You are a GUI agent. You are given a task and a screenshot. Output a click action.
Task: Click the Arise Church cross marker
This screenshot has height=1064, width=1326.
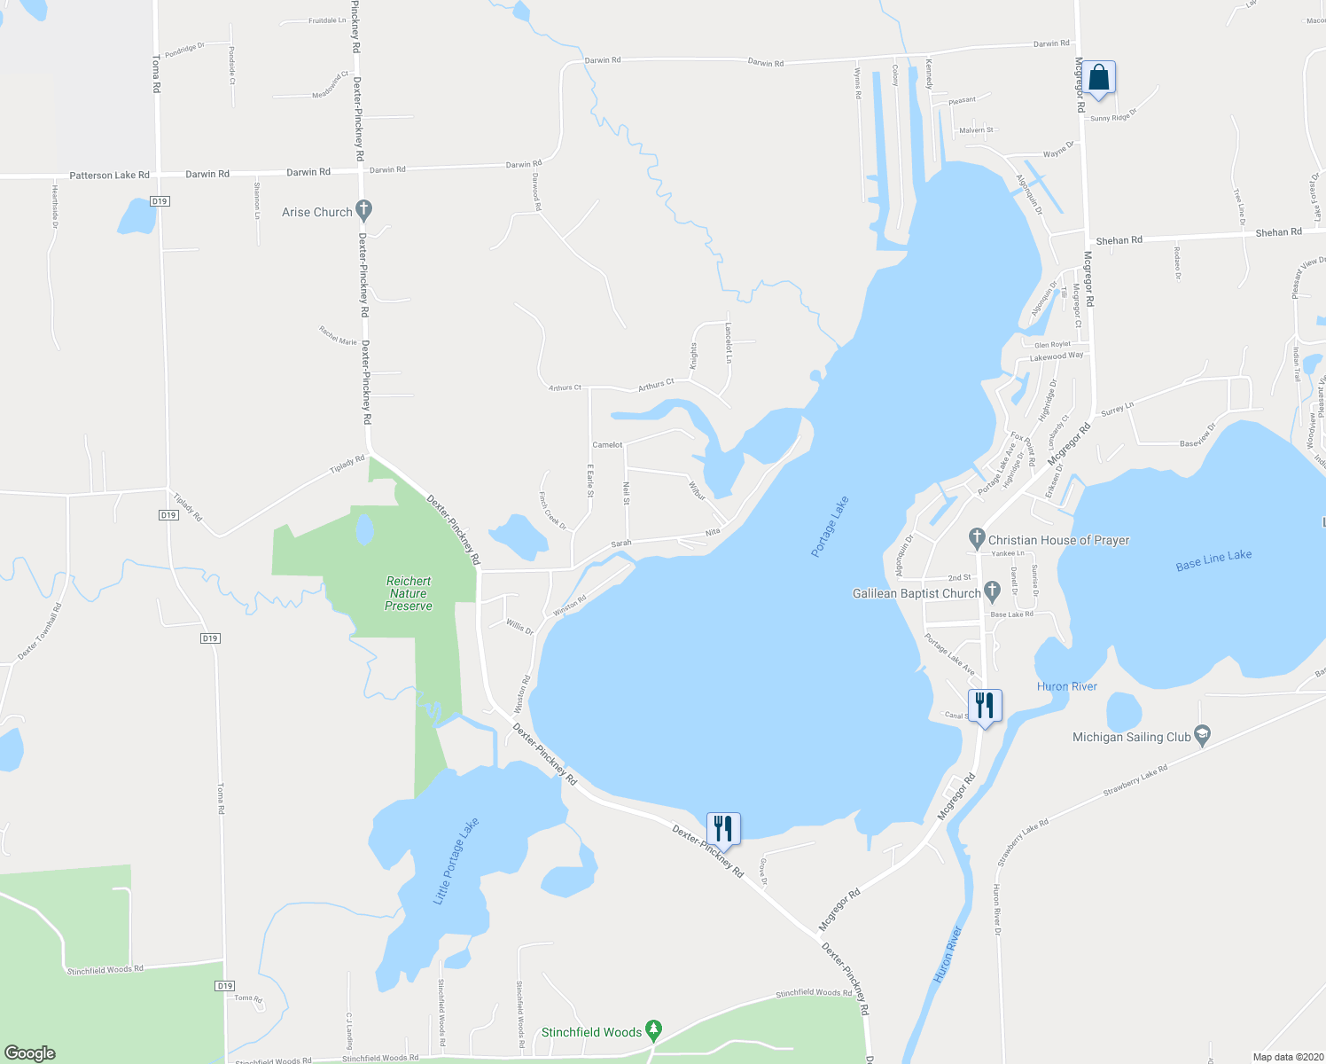[363, 211]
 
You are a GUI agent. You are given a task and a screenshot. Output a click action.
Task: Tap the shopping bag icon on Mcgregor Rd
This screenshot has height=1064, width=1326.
[1098, 78]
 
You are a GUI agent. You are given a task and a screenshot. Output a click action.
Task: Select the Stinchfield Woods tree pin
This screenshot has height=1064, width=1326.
[653, 1030]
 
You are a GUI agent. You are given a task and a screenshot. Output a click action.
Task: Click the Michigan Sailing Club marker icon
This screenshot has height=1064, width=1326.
[1202, 735]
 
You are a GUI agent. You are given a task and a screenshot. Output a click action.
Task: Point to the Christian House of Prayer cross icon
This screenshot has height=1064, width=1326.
[977, 538]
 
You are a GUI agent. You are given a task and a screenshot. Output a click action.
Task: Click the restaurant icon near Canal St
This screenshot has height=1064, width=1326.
[984, 706]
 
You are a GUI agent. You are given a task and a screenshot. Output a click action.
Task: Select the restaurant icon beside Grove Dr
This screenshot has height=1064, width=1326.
[723, 829]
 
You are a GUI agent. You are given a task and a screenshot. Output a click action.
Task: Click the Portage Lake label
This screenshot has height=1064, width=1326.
[830, 527]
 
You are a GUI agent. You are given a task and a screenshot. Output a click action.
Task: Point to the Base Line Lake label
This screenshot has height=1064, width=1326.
[1213, 560]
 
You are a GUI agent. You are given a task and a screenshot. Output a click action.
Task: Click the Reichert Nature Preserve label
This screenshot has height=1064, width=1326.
[409, 593]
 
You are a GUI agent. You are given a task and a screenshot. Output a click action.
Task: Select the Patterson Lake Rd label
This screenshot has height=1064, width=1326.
[110, 176]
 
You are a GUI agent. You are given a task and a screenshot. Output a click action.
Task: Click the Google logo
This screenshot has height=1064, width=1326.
[30, 1052]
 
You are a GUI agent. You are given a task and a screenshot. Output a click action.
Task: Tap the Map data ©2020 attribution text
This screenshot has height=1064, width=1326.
[1286, 1057]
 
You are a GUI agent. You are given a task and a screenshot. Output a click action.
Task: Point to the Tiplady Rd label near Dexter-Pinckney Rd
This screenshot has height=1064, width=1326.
[347, 464]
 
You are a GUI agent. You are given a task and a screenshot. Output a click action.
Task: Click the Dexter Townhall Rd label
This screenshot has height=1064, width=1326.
[40, 632]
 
